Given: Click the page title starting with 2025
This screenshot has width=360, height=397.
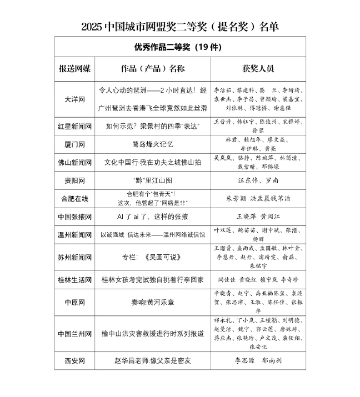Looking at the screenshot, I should coord(180,26).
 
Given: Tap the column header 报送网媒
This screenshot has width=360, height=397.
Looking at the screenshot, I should coord(75,69).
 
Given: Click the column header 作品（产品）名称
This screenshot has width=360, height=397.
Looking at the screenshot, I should coord(153,69).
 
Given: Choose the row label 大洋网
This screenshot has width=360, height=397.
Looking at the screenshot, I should coord(75,99).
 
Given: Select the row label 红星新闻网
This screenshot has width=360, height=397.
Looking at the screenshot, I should coord(75,126).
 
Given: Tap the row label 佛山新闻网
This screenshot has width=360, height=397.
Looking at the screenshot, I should coord(75,163).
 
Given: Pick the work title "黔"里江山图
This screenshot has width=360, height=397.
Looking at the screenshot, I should coord(153,180).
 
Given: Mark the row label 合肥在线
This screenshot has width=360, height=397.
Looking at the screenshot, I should coord(75,198).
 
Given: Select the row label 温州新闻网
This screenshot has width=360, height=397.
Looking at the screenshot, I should coord(75,235).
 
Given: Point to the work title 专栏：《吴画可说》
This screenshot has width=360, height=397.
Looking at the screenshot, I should coord(153,257).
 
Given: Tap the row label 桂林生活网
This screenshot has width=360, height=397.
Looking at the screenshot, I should coord(75,280).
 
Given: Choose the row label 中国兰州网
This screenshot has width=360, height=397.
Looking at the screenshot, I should coord(75,334).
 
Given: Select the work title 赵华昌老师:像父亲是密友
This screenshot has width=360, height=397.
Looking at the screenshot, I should coord(153,360).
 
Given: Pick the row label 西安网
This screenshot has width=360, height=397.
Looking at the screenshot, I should coord(75,360).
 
